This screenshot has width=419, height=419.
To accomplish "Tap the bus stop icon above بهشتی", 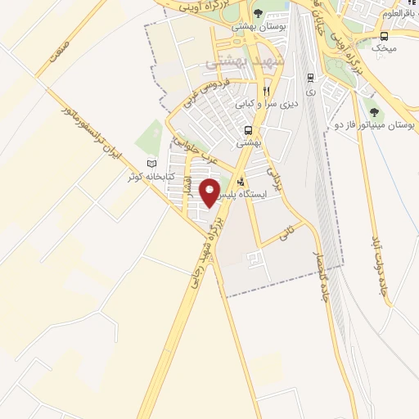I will [x=248, y=130].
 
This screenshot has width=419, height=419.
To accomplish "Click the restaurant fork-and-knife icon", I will [x=266, y=91].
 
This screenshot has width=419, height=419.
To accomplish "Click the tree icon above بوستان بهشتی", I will [x=258, y=13].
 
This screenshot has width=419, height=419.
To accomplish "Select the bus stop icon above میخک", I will [x=384, y=36].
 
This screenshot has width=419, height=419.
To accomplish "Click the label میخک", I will [x=384, y=49].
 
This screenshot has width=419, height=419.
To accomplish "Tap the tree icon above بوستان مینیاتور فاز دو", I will [x=375, y=112].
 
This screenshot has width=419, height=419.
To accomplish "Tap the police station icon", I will [x=240, y=182].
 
